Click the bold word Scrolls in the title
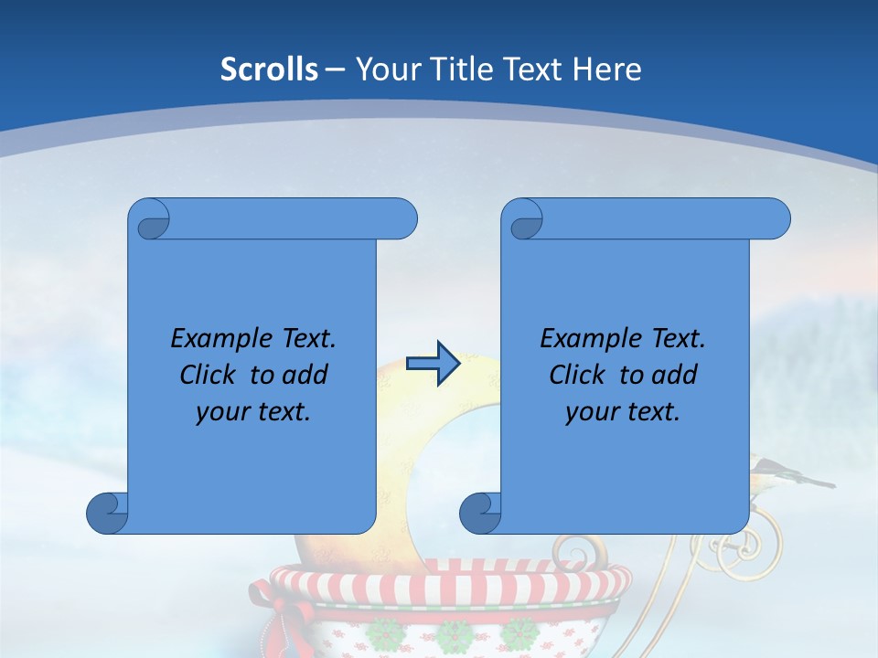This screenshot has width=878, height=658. pos(270,69)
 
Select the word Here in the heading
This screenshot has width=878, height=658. pos(606,69)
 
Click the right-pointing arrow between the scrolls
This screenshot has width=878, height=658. pos(433,364)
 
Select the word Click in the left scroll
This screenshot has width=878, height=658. pos(209,375)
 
